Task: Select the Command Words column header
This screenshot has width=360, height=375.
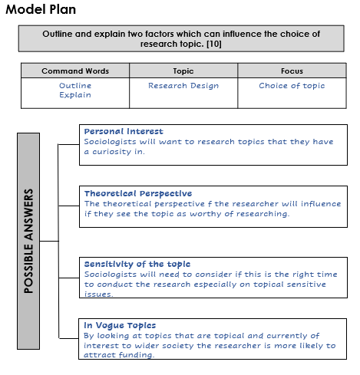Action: coord(74,71)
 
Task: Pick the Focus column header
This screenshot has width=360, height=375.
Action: coord(291,71)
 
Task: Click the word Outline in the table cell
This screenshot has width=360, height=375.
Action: coord(75,86)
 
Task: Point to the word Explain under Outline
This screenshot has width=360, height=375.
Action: coord(75,96)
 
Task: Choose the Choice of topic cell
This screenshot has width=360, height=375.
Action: coord(292,86)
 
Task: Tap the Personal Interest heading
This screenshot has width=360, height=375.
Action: coord(124,131)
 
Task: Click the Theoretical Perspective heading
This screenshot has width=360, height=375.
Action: coord(138,193)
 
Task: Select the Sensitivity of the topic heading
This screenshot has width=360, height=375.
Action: coord(137,264)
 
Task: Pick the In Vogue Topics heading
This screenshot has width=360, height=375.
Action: coord(120,325)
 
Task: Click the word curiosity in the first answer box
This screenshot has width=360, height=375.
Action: coord(113,151)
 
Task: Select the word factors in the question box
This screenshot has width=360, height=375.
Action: coord(200,35)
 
